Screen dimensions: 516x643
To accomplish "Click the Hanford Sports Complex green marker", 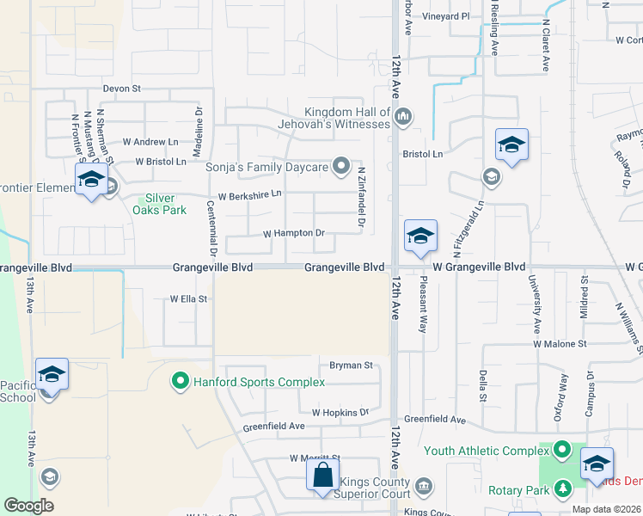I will (x=181, y=381).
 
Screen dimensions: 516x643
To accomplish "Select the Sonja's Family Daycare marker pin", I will (x=341, y=165).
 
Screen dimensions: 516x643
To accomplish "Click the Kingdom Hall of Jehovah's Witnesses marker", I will (x=404, y=116).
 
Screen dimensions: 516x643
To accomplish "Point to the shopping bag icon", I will (x=322, y=476).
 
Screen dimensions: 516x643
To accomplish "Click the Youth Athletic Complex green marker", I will (x=562, y=450).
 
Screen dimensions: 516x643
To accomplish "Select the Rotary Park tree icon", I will (x=564, y=489).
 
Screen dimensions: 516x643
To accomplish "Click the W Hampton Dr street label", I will (x=293, y=233).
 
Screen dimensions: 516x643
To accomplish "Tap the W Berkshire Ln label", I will (x=249, y=195).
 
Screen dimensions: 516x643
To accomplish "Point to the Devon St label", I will (x=121, y=88).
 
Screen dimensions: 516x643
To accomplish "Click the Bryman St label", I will (x=351, y=365).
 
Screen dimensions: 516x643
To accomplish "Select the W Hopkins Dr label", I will (x=340, y=413).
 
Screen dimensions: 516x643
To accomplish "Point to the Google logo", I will (x=28, y=506).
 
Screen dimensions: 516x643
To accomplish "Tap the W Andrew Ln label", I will (x=150, y=141).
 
